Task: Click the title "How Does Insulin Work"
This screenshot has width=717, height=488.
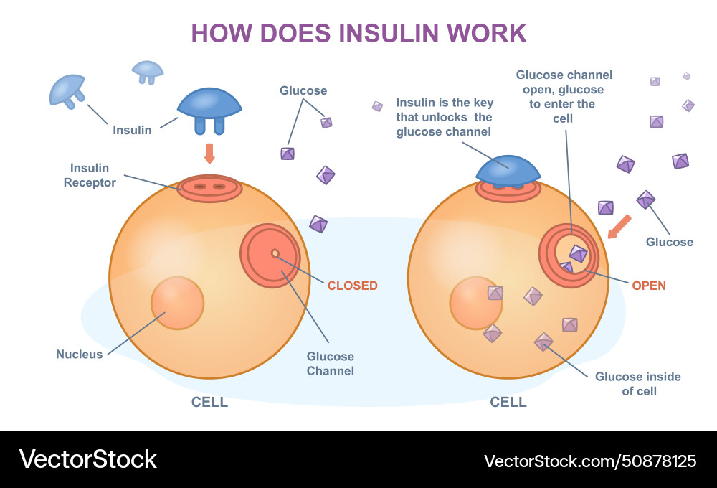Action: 358,33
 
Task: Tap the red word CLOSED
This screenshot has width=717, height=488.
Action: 352,286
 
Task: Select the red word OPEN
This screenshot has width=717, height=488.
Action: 648,286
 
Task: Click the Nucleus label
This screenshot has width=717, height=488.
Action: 80,355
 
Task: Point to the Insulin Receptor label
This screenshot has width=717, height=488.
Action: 90,175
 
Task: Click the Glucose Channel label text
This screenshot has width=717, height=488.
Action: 331,364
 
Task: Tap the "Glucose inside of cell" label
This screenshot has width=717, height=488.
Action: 637,384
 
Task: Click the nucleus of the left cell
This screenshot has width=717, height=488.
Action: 177,303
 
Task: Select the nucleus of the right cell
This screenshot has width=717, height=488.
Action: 475,303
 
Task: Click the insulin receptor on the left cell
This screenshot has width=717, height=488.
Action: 209,188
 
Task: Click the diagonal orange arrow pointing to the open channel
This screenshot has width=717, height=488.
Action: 619,225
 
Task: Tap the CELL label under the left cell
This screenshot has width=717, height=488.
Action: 209,402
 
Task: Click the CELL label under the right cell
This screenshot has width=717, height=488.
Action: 508,402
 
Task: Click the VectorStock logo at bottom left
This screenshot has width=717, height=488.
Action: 88,459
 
